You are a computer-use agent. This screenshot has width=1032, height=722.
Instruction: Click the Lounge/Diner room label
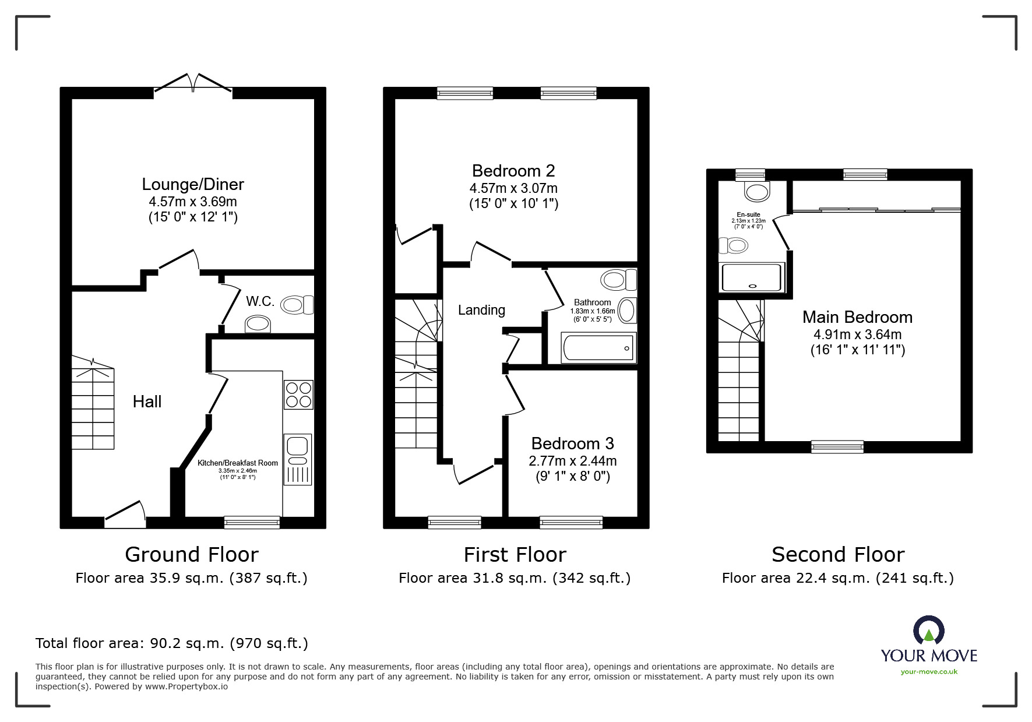click(x=193, y=184)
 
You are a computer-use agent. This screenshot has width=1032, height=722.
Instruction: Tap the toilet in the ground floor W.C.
click(x=296, y=304)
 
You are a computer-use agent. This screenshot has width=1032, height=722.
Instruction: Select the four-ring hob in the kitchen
click(x=298, y=395)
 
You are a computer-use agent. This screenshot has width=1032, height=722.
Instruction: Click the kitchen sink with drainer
click(x=298, y=459)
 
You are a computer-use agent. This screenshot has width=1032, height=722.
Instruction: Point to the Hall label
click(x=147, y=401)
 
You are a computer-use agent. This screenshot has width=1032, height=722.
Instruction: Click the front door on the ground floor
click(x=125, y=513)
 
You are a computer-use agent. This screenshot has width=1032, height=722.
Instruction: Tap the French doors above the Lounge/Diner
click(x=193, y=84)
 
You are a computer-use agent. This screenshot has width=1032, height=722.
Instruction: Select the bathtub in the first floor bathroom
click(x=598, y=348)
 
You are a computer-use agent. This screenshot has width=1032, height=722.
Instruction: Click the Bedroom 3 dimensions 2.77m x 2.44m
click(x=572, y=461)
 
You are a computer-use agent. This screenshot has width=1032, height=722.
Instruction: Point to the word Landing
click(x=481, y=310)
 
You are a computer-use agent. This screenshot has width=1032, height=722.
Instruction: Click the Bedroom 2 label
click(x=513, y=171)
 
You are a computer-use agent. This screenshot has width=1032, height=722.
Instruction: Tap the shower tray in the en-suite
click(x=752, y=277)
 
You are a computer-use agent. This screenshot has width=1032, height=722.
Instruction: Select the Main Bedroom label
click(x=857, y=317)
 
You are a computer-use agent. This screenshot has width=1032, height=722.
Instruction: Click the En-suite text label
click(x=748, y=215)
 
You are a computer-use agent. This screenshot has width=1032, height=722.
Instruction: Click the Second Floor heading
click(x=837, y=554)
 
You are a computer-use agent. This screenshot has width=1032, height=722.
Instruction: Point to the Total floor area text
click(x=171, y=643)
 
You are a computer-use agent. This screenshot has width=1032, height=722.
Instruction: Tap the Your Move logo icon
click(x=928, y=631)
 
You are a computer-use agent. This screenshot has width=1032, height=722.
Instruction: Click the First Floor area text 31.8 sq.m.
click(x=514, y=578)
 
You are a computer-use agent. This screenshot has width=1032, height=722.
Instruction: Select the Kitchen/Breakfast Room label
click(x=237, y=463)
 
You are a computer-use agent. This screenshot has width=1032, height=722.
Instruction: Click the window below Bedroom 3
click(x=571, y=522)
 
